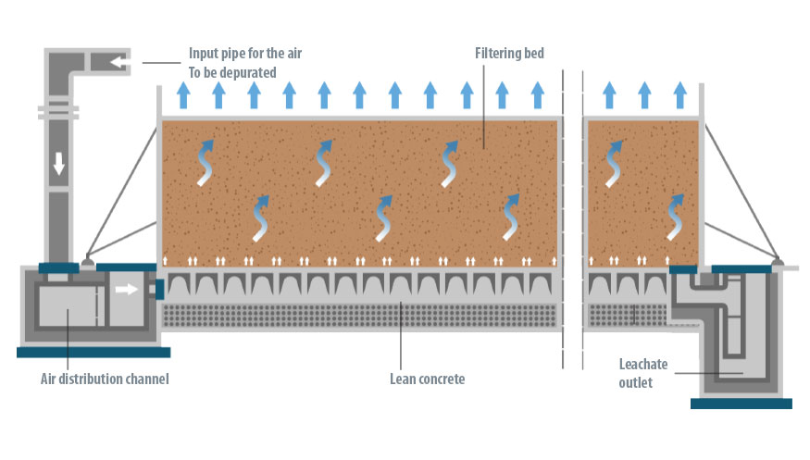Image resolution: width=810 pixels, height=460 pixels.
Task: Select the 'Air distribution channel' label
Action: coord(105,379)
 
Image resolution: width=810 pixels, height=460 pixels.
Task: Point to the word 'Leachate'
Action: coord(644,364)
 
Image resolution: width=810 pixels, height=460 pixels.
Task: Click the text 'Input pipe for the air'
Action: coord(247,53)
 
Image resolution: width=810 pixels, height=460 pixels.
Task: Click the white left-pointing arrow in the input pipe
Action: coord(118,62)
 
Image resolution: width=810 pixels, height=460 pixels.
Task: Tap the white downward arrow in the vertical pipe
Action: coord(58,163)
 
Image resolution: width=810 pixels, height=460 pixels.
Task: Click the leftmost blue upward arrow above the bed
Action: coord(183,94)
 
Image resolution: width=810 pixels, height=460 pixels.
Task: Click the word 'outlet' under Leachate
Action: coord(636,381)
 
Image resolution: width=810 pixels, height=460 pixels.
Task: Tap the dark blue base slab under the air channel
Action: coord(93,352)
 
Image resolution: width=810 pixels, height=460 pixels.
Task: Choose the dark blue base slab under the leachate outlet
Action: coord(741,403)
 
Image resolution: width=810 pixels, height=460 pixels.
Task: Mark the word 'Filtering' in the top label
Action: coord(489,53)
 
